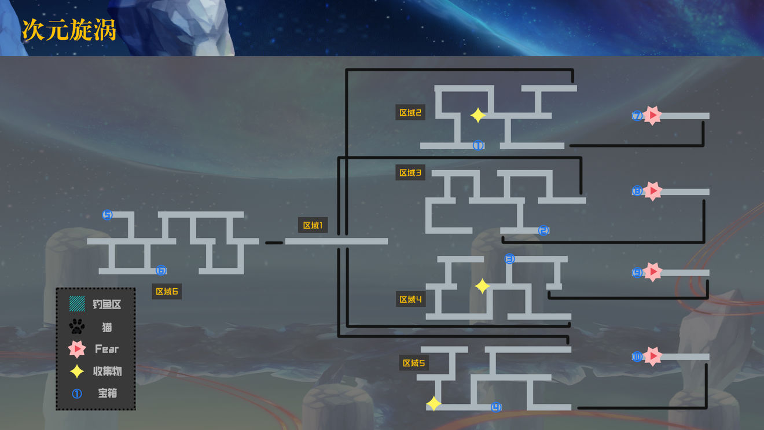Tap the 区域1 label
313,225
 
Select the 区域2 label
410,112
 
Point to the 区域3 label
410,172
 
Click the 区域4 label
410,299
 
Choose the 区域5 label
414,363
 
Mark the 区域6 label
167,291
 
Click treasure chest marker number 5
107,215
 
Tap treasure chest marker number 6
161,270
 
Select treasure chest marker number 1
478,145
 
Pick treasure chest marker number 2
543,230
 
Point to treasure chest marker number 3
509,259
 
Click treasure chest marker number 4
496,407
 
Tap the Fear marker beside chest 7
653,116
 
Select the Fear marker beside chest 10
653,357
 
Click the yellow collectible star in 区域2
477,116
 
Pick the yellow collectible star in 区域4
482,286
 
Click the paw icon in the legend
77,327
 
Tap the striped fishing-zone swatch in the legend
77,304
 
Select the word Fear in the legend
107,349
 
